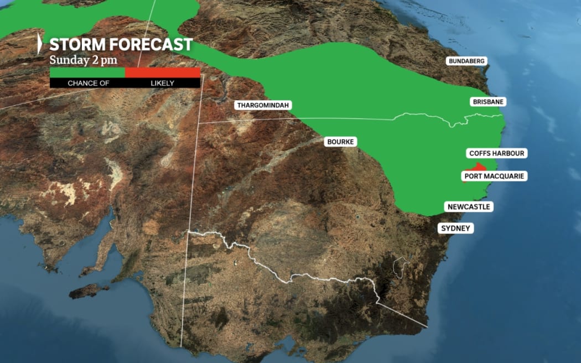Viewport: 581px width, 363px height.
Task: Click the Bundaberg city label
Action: (x=467, y=61)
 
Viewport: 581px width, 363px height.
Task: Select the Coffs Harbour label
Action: (x=496, y=153)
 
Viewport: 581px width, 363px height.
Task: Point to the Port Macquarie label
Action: (x=494, y=176)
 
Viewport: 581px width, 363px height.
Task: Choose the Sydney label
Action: (x=456, y=228)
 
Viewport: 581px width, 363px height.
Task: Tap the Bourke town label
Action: (x=340, y=142)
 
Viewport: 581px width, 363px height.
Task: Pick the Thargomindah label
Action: (x=263, y=105)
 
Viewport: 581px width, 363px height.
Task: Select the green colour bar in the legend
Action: (x=87, y=72)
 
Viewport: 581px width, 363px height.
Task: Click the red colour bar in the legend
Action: (x=163, y=72)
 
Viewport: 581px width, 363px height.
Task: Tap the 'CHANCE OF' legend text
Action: (x=89, y=83)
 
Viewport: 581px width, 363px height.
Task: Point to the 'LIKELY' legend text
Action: (x=163, y=83)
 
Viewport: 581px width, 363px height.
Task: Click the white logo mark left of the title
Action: (x=40, y=44)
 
